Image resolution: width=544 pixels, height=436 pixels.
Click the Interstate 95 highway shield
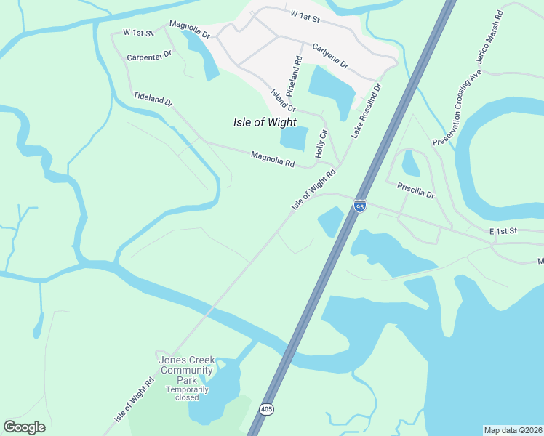pyautogui.click(x=360, y=206)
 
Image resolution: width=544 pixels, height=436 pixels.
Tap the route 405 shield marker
pyautogui.click(x=267, y=408)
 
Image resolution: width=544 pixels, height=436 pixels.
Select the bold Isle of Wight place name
pyautogui.click(x=265, y=122)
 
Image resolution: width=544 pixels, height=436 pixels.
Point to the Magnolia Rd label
pyautogui.click(x=273, y=159)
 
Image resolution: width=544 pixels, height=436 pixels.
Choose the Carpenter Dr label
pyautogui.click(x=148, y=54)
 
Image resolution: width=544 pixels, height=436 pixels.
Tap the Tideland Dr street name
pyautogui.click(x=153, y=99)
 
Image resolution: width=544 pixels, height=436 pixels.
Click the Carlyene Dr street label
pyautogui.click(x=330, y=57)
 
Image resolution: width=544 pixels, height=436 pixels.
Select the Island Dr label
pyautogui.click(x=282, y=100)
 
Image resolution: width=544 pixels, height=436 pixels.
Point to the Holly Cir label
pyautogui.click(x=320, y=143)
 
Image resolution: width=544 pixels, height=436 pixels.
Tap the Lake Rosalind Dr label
pyautogui.click(x=366, y=110)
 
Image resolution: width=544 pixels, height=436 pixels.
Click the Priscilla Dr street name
pyautogui.click(x=415, y=190)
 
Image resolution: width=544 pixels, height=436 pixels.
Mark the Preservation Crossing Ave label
pyautogui.click(x=457, y=108)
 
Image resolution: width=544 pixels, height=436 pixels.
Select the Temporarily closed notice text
pyautogui.click(x=187, y=393)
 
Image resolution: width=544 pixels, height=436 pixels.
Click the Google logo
pyautogui.click(x=24, y=427)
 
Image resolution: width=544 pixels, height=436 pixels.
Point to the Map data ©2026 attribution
pyautogui.click(x=513, y=429)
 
